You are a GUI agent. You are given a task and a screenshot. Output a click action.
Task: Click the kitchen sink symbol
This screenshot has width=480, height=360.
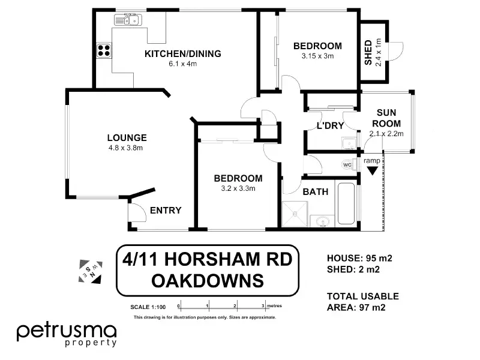tap(128, 20)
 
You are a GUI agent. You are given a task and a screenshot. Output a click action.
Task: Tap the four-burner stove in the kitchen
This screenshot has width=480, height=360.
tap(104, 50)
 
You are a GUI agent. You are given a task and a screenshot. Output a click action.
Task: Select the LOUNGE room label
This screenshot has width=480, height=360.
tap(127, 138)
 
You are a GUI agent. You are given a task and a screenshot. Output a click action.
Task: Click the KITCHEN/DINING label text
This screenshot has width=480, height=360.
tap(183, 54)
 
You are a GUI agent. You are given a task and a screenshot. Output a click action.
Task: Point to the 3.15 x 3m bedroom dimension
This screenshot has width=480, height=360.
tap(317, 56)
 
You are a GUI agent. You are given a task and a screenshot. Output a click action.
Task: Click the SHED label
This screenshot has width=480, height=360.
tap(368, 52)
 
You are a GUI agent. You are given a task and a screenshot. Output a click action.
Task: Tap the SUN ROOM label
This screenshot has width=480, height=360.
tap(386, 118)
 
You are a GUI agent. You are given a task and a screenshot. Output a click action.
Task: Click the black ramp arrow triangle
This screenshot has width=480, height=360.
tap(373, 170)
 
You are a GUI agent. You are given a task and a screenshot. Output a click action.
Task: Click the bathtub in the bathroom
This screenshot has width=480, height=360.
tap(346, 203)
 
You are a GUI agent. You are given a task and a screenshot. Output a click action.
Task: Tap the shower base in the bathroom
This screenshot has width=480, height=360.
tap(295, 214)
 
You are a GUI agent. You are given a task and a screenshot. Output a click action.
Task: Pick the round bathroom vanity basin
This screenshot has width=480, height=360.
tap(322, 221)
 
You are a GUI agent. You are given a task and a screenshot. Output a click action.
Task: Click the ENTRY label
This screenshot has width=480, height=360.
tap(166, 211)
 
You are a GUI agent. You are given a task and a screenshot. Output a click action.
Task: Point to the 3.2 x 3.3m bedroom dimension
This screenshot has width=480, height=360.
tap(238, 188)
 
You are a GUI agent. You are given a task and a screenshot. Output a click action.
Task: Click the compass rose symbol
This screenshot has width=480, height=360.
tap(91, 272)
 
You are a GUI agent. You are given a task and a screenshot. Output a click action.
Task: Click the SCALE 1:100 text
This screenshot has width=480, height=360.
tap(148, 307)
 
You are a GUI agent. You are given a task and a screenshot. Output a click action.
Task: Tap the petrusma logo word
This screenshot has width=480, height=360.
tap(67, 332)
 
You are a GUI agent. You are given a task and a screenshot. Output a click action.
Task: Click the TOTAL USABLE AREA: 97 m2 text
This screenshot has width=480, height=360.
tap(363, 302)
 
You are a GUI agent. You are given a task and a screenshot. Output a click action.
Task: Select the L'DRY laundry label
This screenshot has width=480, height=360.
tap(331, 125)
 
